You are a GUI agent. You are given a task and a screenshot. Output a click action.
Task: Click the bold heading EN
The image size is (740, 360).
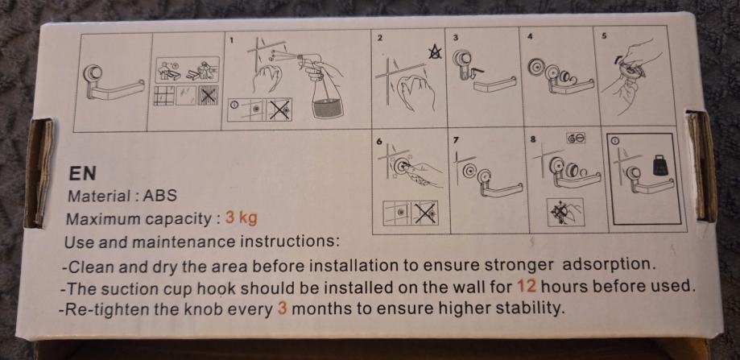point(83,173)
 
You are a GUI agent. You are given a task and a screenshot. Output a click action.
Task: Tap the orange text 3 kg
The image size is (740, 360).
point(241,218)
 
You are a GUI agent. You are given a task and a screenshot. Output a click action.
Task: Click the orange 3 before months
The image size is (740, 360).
point(283,309)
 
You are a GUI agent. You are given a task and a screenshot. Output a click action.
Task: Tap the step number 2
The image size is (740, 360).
point(379,38)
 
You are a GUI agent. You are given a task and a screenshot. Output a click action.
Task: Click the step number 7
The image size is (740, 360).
point(456,142)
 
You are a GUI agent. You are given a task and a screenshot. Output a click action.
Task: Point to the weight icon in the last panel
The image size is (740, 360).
point(659,163)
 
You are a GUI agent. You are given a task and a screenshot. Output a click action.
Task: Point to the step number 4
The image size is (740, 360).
point(530,37)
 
